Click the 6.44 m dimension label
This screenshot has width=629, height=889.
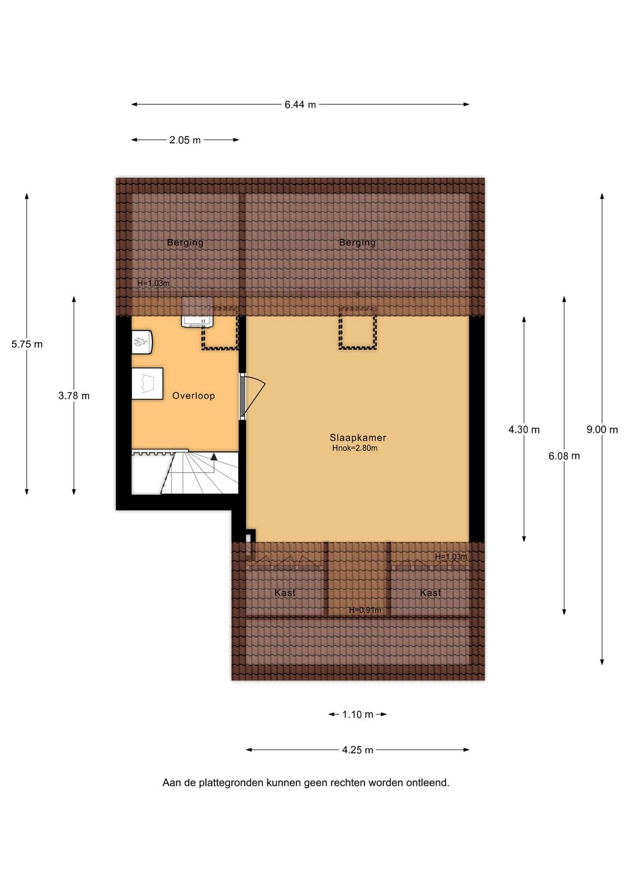point(300,105)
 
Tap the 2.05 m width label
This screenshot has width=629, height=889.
point(185,140)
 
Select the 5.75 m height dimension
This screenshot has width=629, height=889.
point(27,345)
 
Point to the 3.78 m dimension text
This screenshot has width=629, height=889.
point(74,396)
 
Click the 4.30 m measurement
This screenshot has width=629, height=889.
point(524,430)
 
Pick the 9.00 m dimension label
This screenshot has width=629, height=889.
point(602,430)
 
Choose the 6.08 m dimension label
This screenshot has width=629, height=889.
point(564,456)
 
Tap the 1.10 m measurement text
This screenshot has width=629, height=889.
point(358,715)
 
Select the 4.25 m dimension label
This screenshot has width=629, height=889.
point(358,750)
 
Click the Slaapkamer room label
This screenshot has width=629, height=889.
point(358,438)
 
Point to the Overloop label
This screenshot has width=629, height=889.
point(193,396)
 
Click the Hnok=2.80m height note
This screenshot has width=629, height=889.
point(355,448)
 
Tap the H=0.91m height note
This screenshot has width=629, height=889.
point(365,610)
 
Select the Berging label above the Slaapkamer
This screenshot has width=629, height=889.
point(358,243)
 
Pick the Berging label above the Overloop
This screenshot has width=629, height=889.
point(185,243)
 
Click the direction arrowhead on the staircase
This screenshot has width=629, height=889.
point(214,456)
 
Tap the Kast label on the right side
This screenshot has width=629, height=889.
point(430,593)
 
